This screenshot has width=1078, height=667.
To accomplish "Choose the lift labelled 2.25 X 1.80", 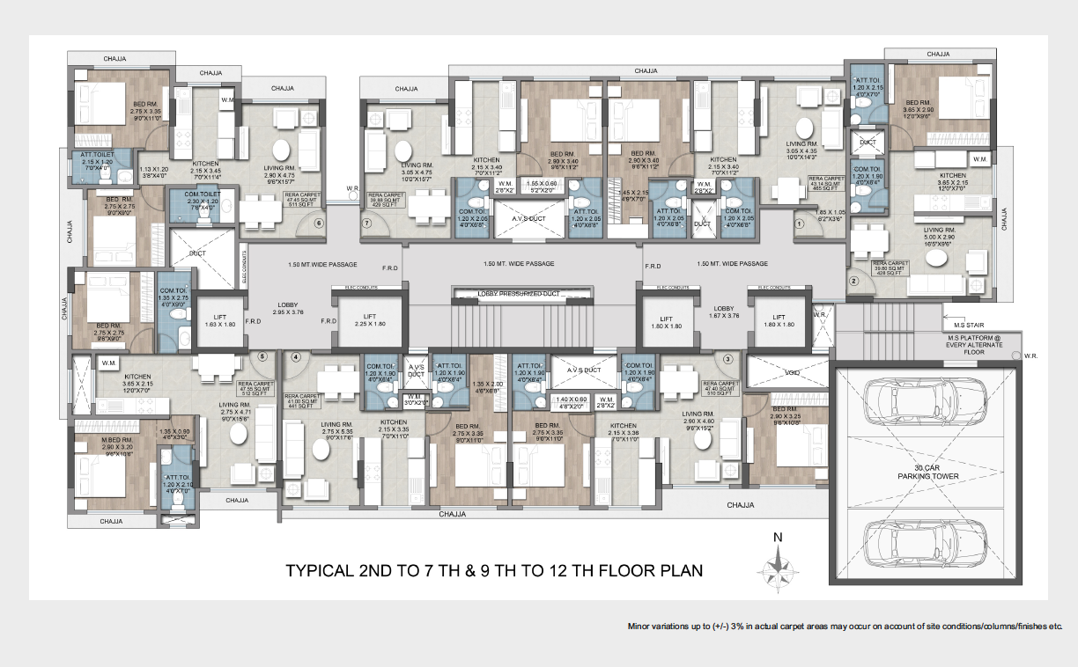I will point(369,319).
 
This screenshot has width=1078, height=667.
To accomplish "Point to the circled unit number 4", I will point(296,357).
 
